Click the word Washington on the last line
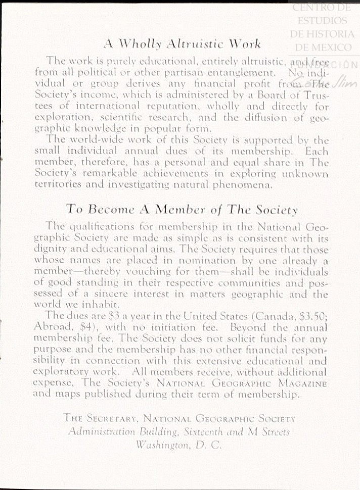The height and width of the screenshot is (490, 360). pos(163,446)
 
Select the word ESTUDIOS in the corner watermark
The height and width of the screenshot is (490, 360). pos(322,21)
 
